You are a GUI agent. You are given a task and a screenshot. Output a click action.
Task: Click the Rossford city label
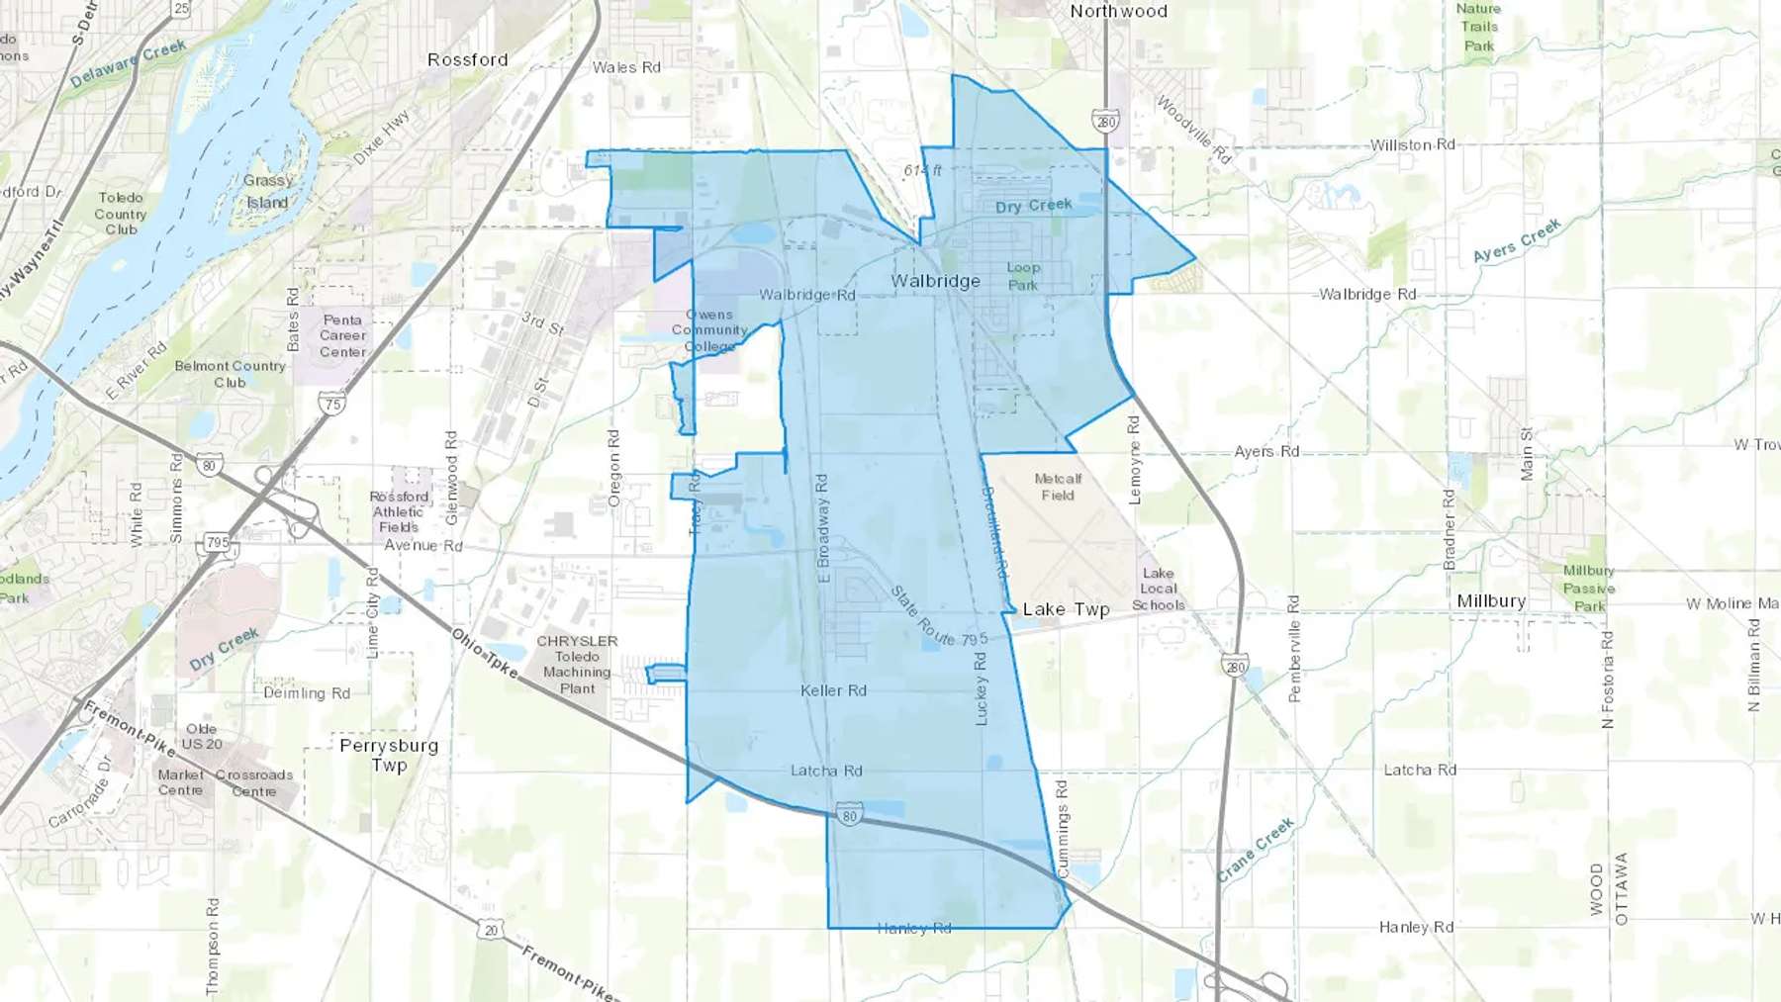(x=467, y=59)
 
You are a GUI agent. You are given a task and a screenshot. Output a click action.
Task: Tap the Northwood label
(x=1118, y=11)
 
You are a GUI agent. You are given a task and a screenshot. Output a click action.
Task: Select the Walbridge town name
(x=935, y=281)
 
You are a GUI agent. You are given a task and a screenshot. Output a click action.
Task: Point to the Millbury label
(x=1491, y=601)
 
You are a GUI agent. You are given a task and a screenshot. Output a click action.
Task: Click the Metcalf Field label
(x=1058, y=487)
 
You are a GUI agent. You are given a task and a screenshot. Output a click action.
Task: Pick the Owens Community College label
(x=709, y=330)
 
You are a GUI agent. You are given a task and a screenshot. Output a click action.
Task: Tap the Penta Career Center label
(x=342, y=335)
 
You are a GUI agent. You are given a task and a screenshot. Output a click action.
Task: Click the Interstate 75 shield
(x=332, y=404)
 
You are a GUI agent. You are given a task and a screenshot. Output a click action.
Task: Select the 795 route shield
(x=218, y=542)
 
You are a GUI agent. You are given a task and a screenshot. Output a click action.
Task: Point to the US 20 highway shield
(x=491, y=930)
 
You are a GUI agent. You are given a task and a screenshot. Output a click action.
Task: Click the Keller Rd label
(x=833, y=690)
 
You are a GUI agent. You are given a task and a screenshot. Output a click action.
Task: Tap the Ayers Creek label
(x=1516, y=240)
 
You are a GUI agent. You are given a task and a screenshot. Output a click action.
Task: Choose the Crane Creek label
(x=1255, y=850)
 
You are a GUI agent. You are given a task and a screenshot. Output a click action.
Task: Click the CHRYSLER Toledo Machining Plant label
(x=577, y=665)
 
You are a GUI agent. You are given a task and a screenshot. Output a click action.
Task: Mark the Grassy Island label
(x=267, y=192)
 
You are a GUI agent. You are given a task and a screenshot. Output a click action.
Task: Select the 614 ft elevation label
(x=922, y=170)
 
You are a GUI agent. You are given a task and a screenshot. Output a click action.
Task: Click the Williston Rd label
(x=1412, y=144)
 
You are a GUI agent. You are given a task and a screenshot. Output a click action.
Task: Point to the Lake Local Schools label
(x=1158, y=589)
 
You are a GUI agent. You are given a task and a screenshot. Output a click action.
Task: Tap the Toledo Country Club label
(x=121, y=214)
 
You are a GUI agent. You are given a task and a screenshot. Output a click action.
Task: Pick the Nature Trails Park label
(x=1478, y=27)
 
